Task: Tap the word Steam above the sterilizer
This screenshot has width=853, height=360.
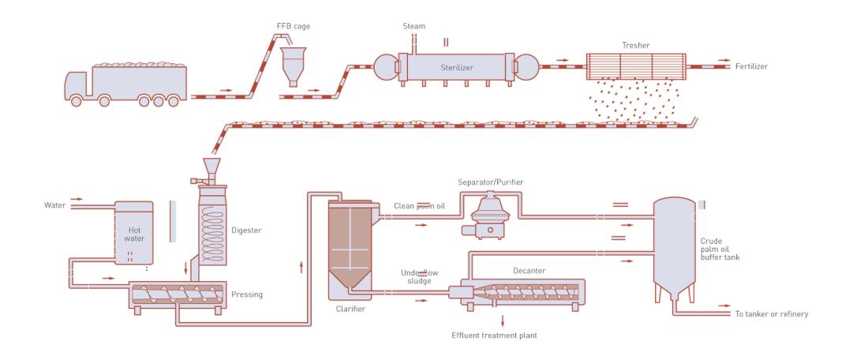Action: tap(414, 26)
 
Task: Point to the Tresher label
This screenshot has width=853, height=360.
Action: tap(636, 46)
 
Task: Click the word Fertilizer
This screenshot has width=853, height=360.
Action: tap(750, 67)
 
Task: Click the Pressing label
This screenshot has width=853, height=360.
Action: tap(247, 294)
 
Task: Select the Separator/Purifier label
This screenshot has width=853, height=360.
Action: tap(491, 183)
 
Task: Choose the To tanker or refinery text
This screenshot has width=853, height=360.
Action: tap(770, 314)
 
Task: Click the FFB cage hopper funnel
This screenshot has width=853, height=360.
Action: tap(294, 59)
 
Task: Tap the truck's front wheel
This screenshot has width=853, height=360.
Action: tap(77, 100)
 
